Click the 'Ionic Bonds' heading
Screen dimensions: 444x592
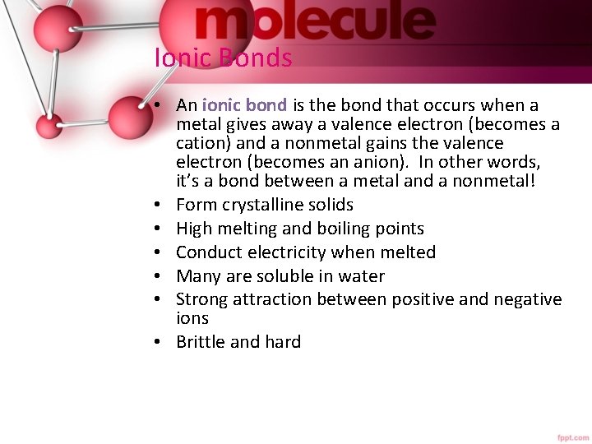223,58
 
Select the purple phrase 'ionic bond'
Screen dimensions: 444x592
244,105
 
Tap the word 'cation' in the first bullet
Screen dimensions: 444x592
201,143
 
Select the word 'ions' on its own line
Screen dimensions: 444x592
192,318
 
